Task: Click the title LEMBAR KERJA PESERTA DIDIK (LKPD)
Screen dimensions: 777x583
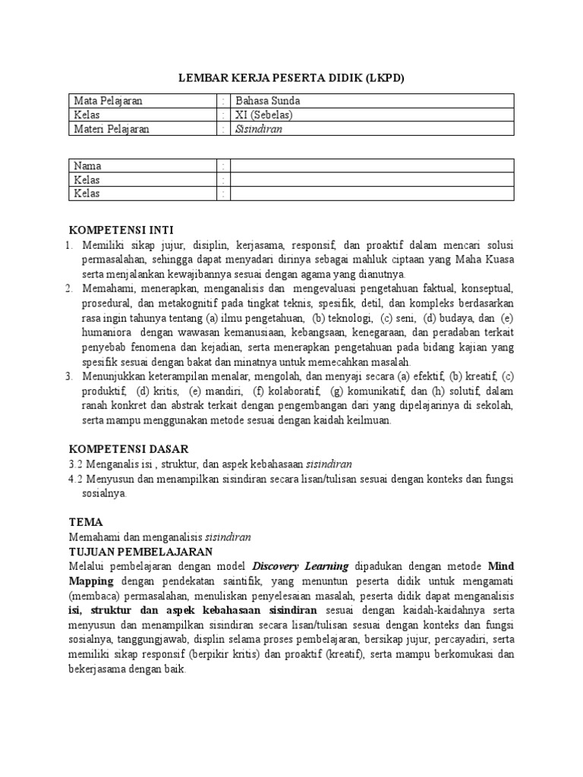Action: pyautogui.click(x=291, y=77)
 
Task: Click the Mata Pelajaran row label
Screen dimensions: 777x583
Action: pyautogui.click(x=108, y=101)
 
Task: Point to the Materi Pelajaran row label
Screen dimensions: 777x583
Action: pyautogui.click(x=111, y=129)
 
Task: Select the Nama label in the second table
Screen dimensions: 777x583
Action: pyautogui.click(x=87, y=166)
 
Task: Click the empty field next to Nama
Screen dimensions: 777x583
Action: pyautogui.click(x=372, y=166)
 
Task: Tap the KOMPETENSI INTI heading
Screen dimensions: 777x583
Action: pyautogui.click(x=126, y=230)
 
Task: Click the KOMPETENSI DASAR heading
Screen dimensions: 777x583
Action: pyautogui.click(x=129, y=449)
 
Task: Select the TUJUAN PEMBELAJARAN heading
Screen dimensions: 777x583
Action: pyautogui.click(x=140, y=551)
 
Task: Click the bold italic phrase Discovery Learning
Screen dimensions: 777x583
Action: pyautogui.click(x=300, y=566)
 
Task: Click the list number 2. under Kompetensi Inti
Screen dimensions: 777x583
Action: pyautogui.click(x=68, y=289)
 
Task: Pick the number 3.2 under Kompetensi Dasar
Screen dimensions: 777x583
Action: pyautogui.click(x=76, y=464)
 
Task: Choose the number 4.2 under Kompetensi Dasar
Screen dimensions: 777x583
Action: pyautogui.click(x=76, y=479)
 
